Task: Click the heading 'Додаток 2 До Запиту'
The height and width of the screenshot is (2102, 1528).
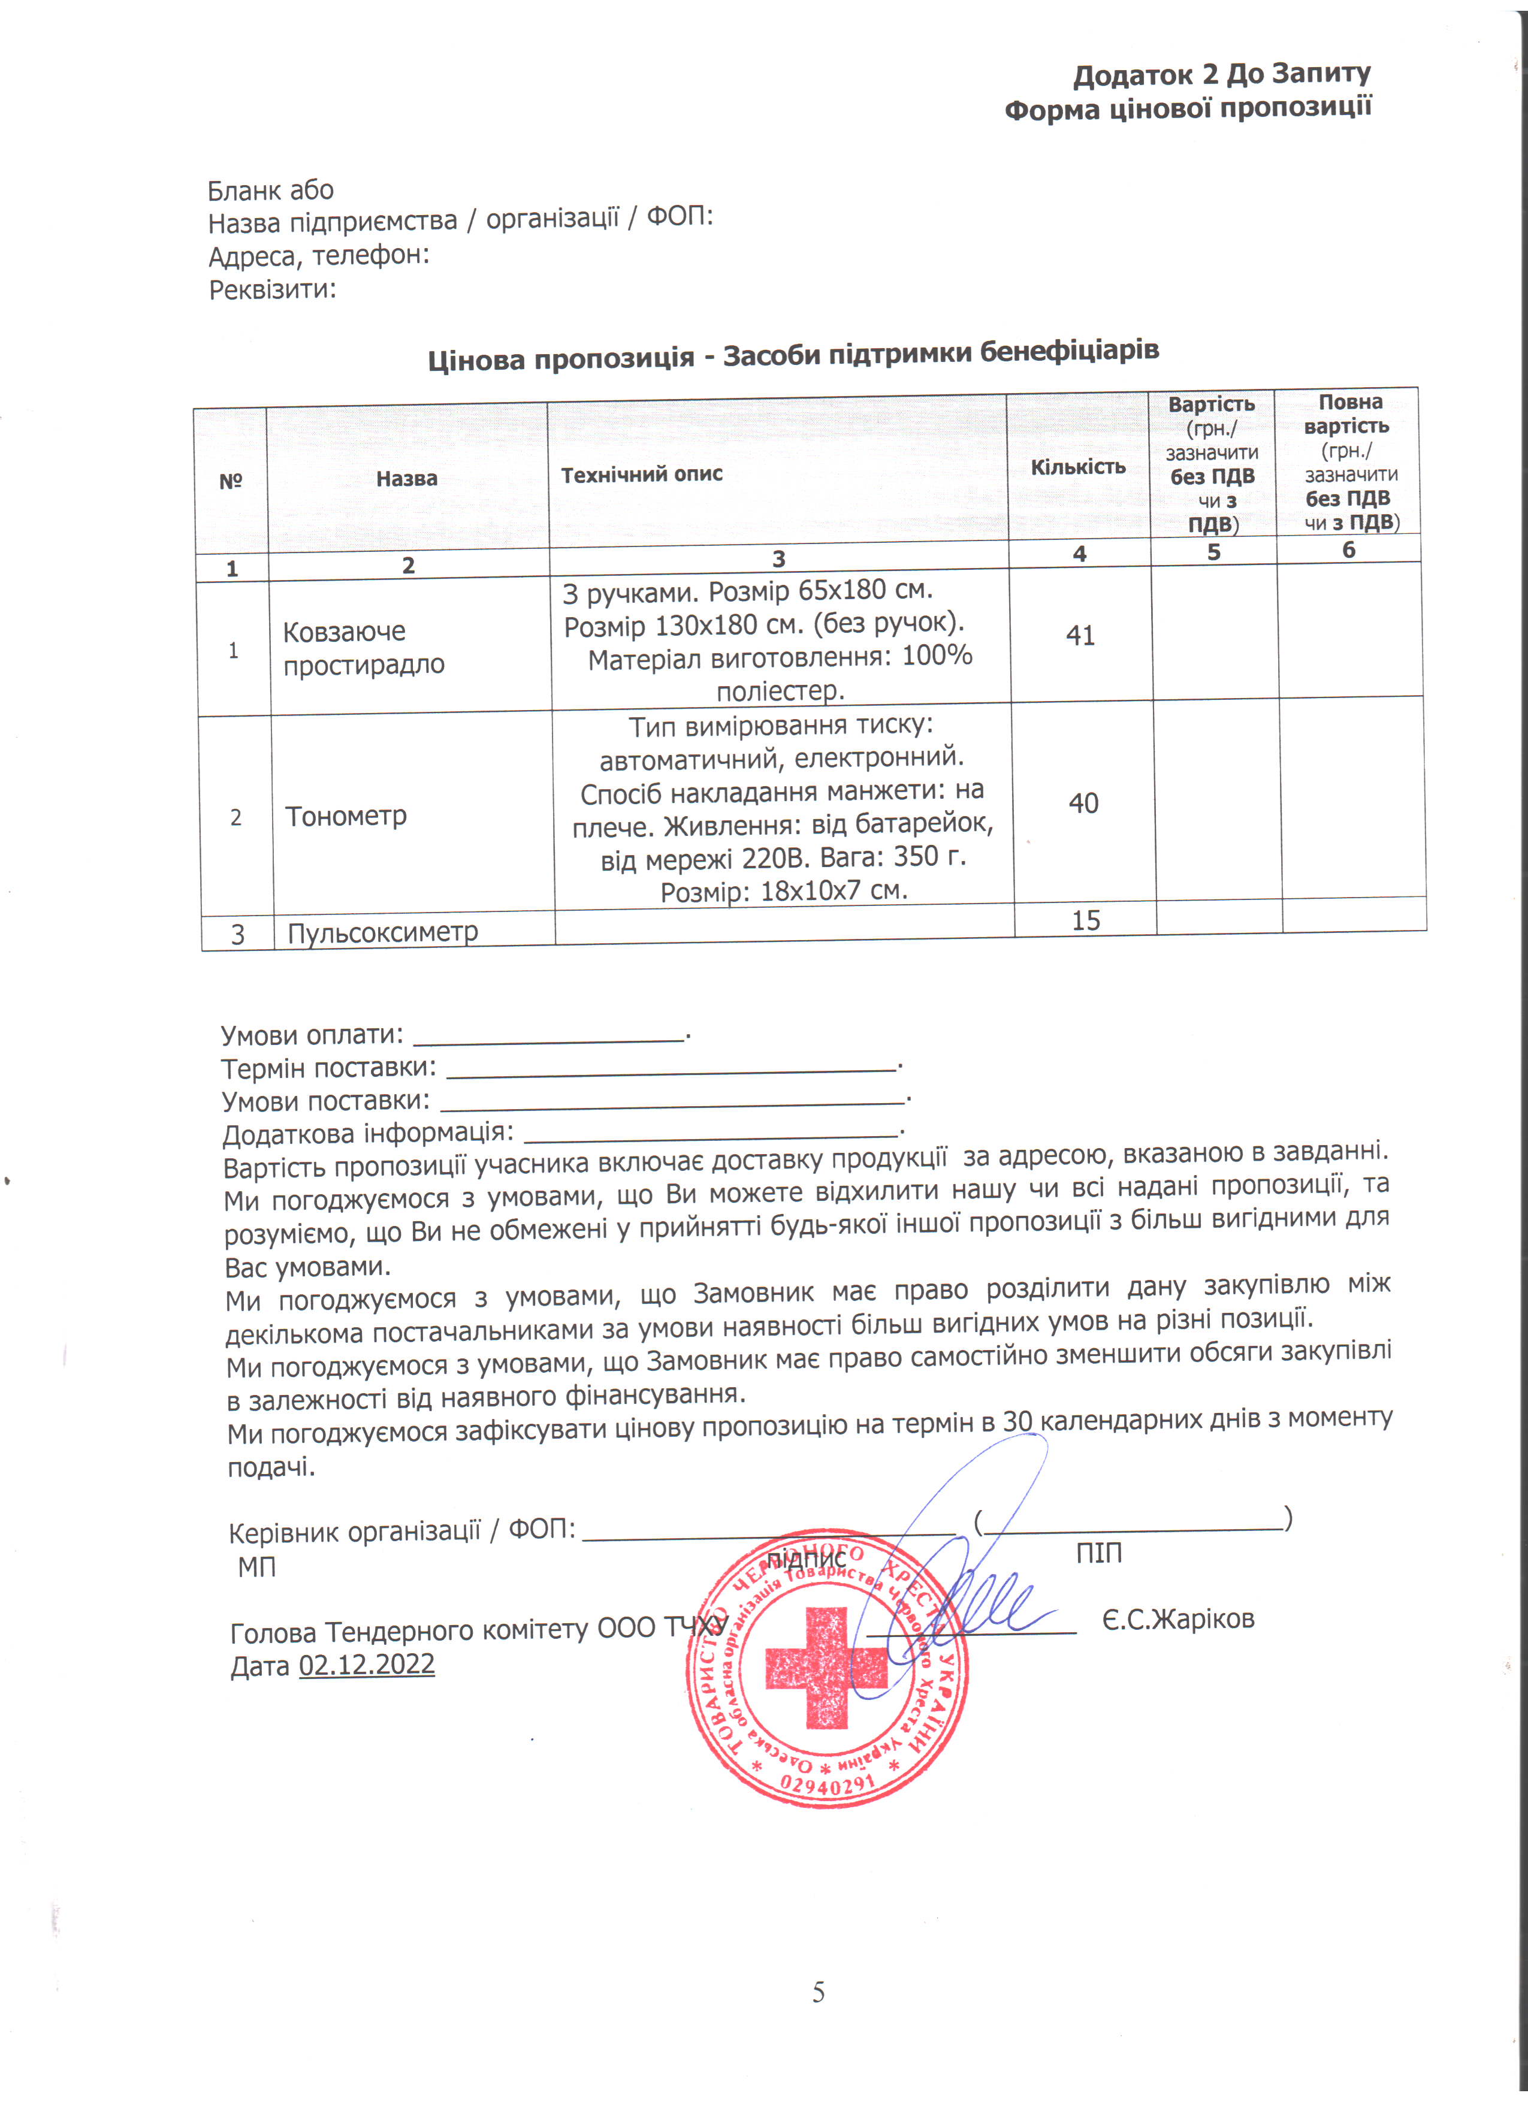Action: [x=1221, y=74]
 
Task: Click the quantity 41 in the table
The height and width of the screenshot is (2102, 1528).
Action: [x=1080, y=636]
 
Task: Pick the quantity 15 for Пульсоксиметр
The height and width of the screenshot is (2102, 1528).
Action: [x=1085, y=920]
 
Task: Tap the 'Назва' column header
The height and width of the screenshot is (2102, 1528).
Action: [x=407, y=478]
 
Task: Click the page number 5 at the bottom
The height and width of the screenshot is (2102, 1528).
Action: [x=818, y=1992]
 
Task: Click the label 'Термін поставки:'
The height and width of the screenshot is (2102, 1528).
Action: [x=328, y=1068]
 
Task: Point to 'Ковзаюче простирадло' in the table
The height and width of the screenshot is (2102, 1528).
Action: [x=363, y=648]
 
